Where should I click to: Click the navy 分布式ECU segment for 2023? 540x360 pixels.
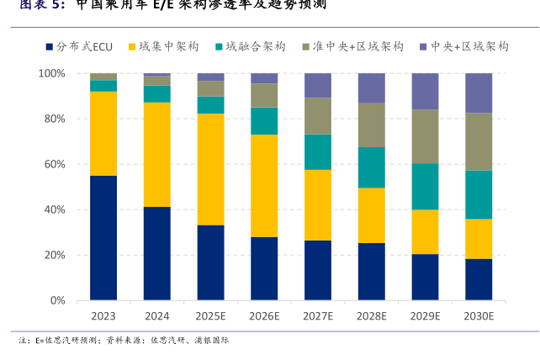click(103, 237)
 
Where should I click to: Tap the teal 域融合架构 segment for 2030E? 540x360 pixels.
click(479, 194)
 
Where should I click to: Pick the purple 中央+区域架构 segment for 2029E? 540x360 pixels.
click(425, 91)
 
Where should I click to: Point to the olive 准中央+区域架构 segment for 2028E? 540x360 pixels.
click(371, 125)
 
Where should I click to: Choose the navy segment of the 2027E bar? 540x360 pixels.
click(318, 270)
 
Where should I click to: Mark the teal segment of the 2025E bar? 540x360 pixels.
click(210, 104)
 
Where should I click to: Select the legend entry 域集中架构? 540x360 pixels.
click(168, 46)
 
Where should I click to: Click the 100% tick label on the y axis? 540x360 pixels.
click(51, 74)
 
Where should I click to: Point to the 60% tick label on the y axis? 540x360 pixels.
click(54, 165)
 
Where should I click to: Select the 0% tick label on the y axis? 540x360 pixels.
click(57, 300)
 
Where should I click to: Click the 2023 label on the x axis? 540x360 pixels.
click(103, 316)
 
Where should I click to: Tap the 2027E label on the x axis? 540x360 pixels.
click(318, 316)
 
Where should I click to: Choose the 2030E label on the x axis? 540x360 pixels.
click(479, 316)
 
